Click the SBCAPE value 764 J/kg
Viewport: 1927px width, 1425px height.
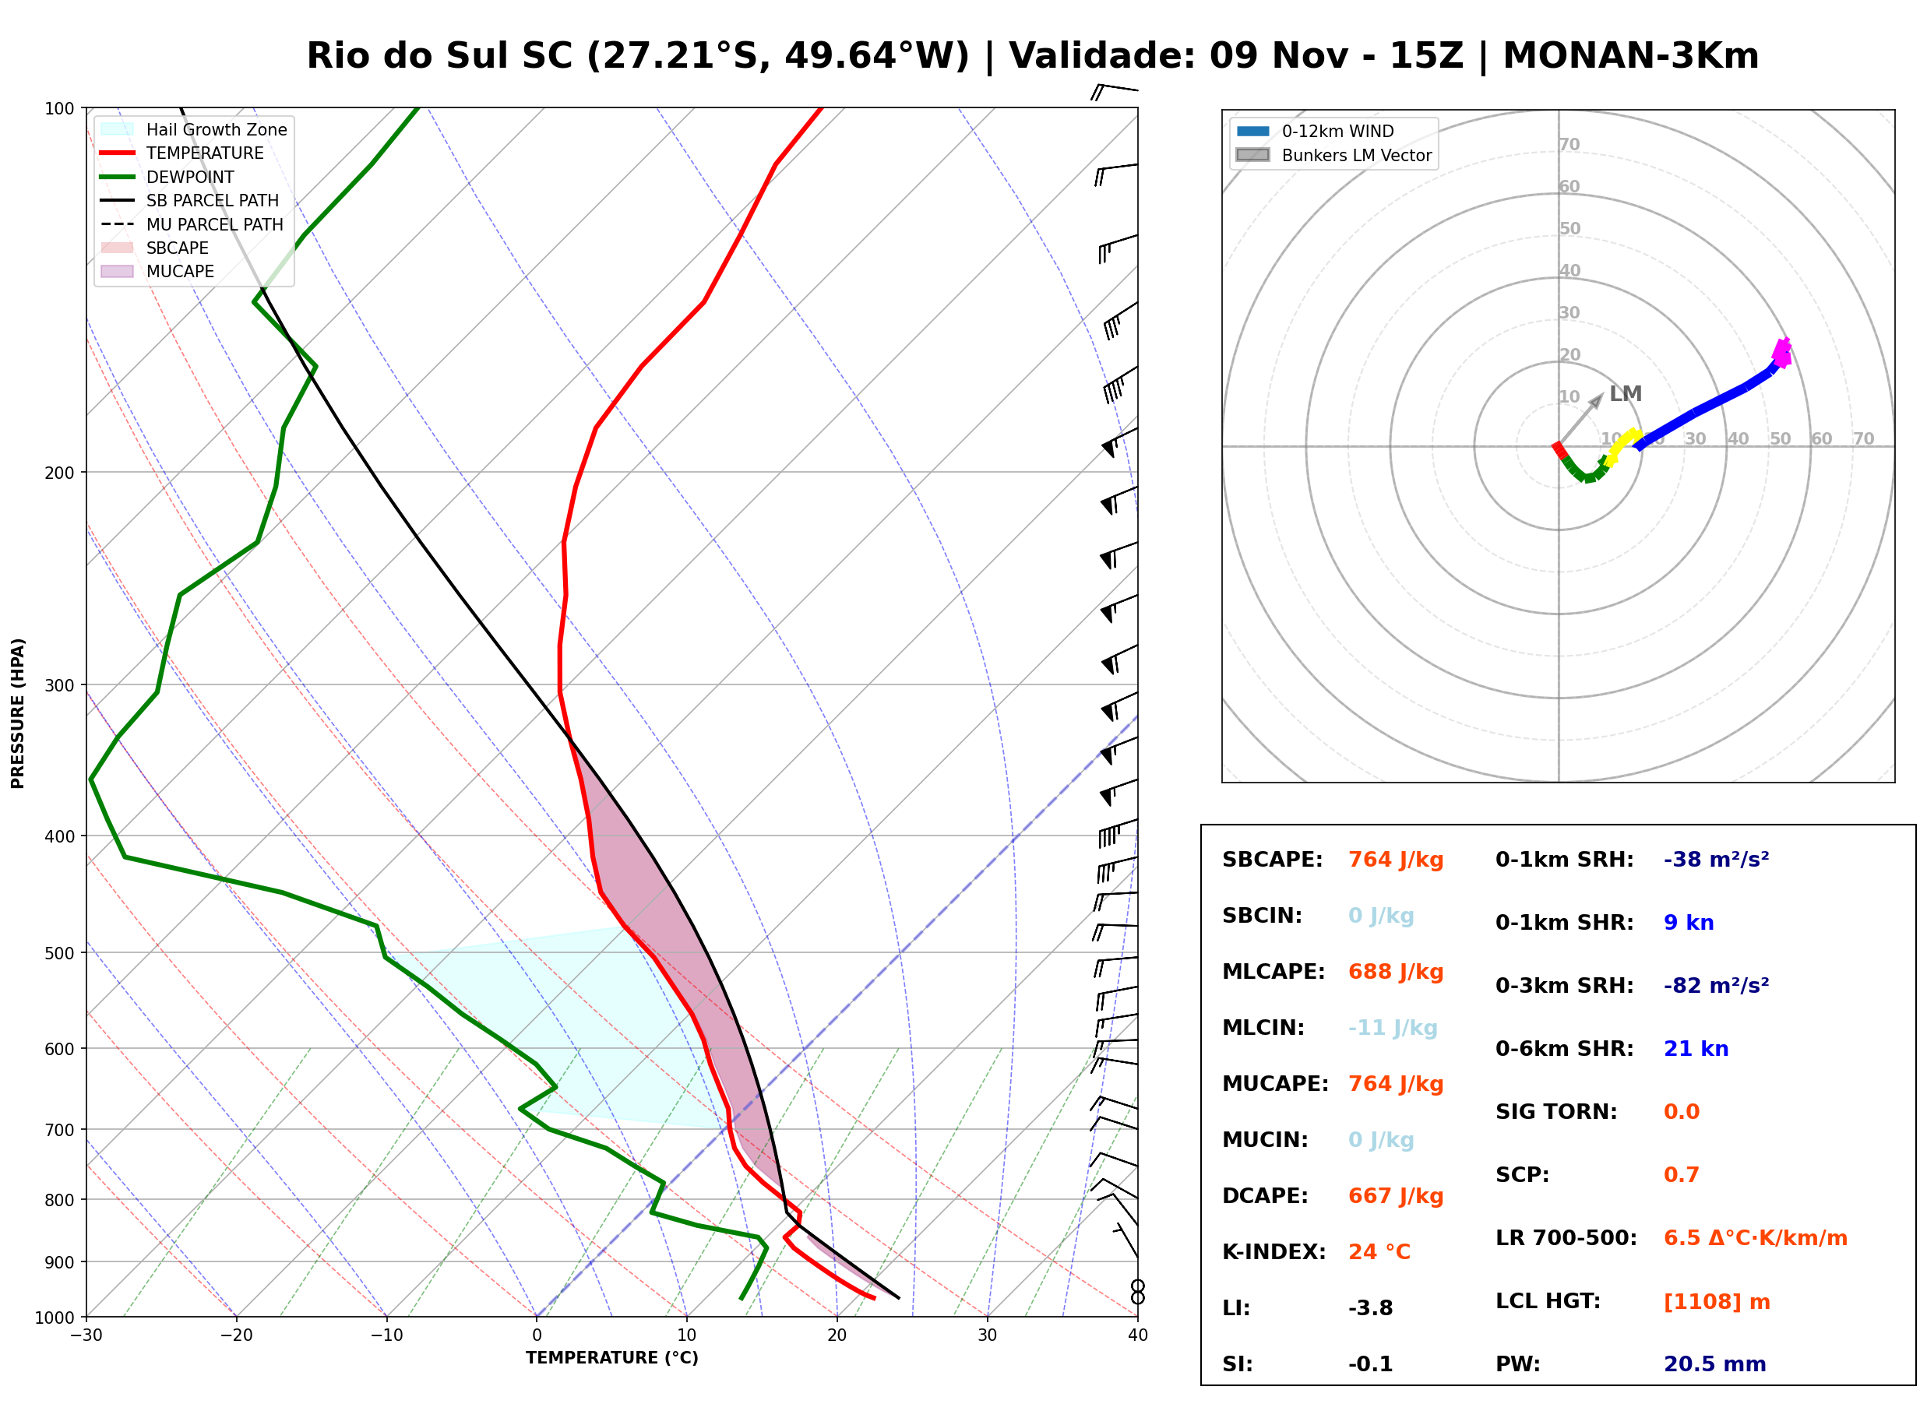point(1396,860)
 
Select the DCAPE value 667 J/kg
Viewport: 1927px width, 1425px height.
point(1396,1196)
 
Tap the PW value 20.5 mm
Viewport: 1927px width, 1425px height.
point(1715,1364)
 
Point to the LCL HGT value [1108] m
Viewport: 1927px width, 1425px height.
point(1717,1302)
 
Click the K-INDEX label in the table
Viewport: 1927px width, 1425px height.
point(1274,1252)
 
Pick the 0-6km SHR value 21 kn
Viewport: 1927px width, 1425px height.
point(1696,1049)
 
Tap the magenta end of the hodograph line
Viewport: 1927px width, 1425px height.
point(1782,352)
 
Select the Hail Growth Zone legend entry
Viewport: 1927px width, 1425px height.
point(194,129)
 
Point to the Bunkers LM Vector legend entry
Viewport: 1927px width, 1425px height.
point(1333,155)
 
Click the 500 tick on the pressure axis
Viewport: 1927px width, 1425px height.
point(58,953)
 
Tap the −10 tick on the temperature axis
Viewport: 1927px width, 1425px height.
point(386,1335)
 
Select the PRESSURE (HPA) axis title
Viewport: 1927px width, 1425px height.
point(18,713)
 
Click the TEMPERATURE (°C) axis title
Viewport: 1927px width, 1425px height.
point(611,1358)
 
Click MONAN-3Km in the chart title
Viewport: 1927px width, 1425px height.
point(1630,56)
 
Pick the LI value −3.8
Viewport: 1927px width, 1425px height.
point(1371,1308)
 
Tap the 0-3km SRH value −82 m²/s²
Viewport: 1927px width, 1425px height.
point(1716,986)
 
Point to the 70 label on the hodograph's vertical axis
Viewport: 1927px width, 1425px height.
point(1569,144)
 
